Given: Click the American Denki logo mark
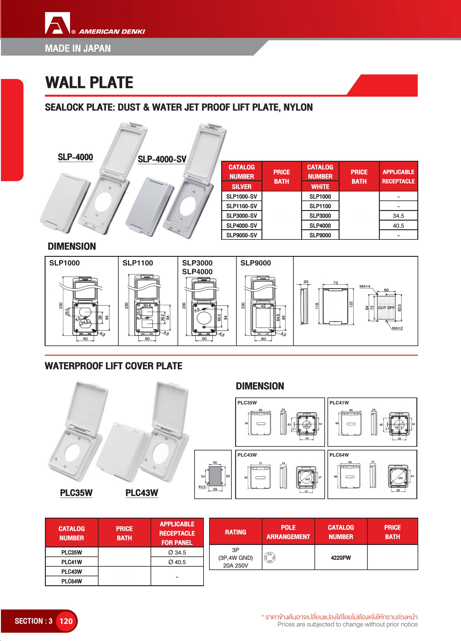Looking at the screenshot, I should [58, 23].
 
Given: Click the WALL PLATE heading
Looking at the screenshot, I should [89, 83].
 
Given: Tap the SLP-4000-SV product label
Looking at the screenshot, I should [162, 159].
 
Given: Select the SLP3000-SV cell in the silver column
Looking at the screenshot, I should [242, 216].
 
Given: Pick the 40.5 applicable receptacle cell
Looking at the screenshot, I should [398, 226].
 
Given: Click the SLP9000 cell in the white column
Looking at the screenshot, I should [320, 235].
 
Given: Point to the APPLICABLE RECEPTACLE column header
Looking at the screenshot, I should [398, 177].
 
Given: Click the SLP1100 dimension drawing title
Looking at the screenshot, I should [138, 263].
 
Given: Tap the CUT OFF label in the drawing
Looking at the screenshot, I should [386, 308].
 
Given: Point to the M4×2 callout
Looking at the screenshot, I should [397, 328].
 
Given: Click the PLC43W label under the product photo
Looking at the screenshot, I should [142, 493].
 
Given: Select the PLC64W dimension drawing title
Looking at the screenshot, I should [339, 455].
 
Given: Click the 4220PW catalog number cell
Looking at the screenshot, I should [341, 558].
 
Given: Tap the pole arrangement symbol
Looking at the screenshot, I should [270, 558].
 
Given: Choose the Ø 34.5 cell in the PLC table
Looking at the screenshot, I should [177, 552].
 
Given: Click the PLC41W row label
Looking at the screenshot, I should [72, 562].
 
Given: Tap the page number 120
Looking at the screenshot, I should [66, 621].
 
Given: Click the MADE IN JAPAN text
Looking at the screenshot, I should [78, 48].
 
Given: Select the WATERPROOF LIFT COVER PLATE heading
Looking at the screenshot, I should [113, 366].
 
